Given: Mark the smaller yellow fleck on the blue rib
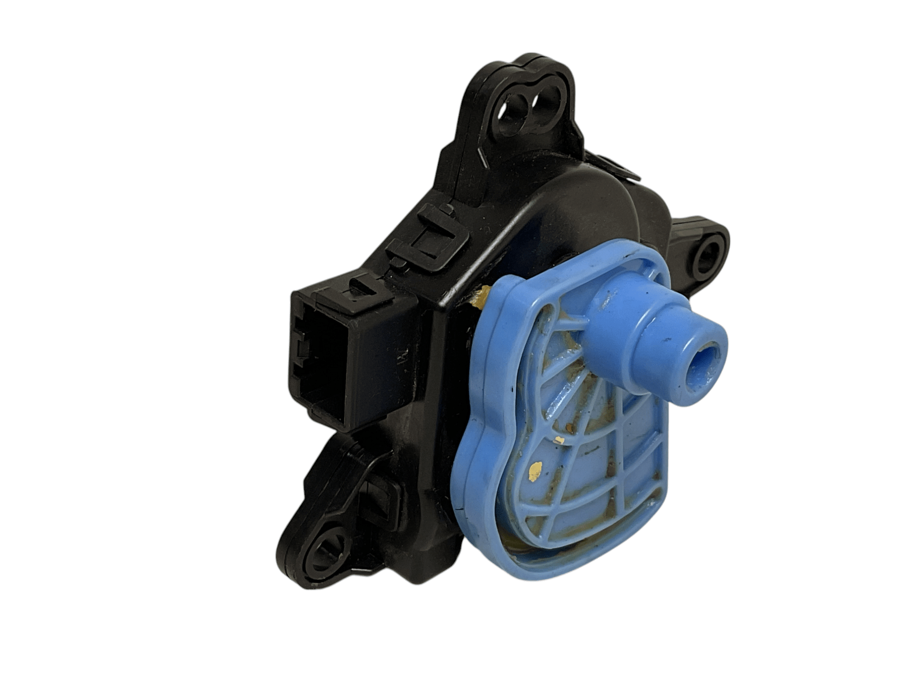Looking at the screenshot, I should pyautogui.click(x=561, y=439).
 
